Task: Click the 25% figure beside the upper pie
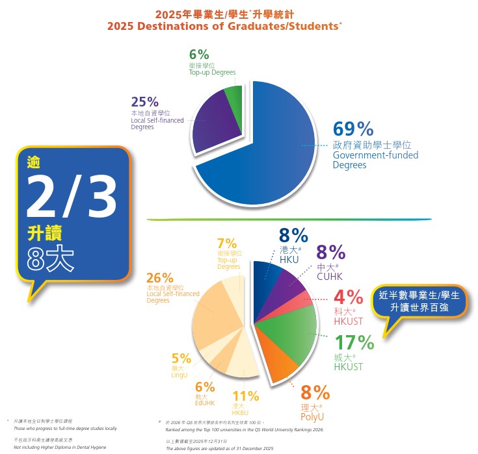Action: pos(144,101)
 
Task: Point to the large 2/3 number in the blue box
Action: pos(71,195)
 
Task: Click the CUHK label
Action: pos(330,277)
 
